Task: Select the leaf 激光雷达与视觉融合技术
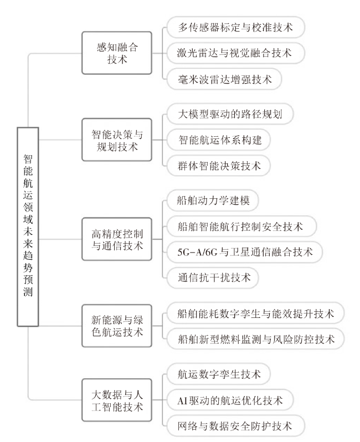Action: (x=235, y=53)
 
